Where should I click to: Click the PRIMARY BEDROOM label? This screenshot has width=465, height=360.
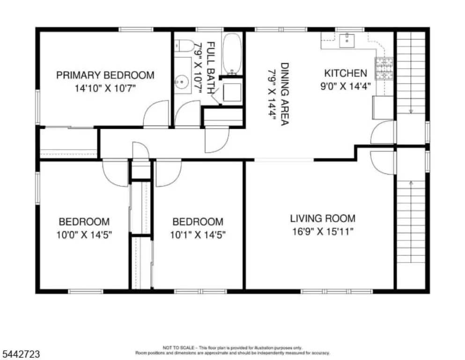[105, 75]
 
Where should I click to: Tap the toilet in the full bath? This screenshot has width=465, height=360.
[184, 46]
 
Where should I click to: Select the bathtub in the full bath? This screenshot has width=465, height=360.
[232, 54]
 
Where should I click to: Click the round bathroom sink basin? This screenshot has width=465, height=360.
[181, 81]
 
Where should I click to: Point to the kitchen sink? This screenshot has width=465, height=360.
[347, 41]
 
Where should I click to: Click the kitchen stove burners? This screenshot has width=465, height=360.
[384, 69]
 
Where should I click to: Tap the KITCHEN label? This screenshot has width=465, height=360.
[346, 73]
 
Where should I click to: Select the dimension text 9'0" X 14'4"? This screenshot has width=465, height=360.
[346, 86]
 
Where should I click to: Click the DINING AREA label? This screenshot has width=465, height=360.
[285, 94]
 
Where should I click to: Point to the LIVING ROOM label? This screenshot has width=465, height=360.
[323, 218]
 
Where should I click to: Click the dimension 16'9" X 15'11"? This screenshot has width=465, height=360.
[323, 232]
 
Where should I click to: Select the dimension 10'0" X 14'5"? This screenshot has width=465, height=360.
[84, 235]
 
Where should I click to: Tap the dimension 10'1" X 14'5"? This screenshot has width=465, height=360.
[198, 235]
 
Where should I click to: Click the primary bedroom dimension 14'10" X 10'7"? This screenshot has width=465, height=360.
[105, 89]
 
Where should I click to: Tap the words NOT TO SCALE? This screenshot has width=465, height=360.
[178, 347]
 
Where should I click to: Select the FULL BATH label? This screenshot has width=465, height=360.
[210, 68]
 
